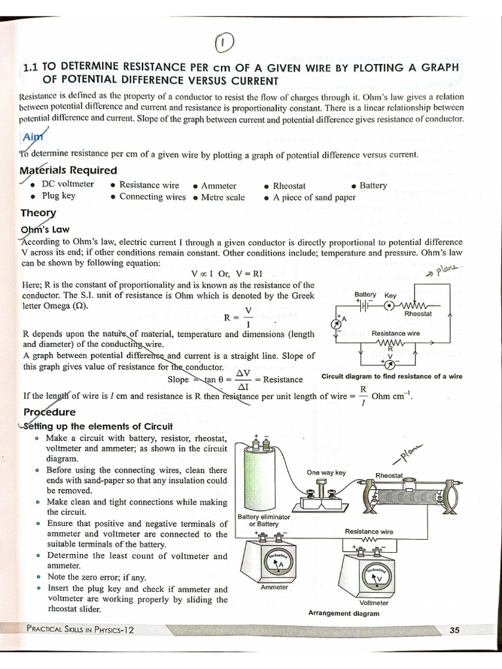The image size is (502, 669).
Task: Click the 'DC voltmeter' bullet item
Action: point(67,184)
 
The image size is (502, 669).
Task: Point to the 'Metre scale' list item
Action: point(223,197)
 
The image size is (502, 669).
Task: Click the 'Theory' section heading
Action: point(39,213)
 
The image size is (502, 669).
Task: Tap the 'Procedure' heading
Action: point(50,412)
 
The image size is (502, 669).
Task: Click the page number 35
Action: point(455,630)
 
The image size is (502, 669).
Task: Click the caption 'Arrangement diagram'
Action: point(343,613)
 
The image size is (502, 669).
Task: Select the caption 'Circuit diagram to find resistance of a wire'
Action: point(392,376)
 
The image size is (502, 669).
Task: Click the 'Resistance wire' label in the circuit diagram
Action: point(395,333)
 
